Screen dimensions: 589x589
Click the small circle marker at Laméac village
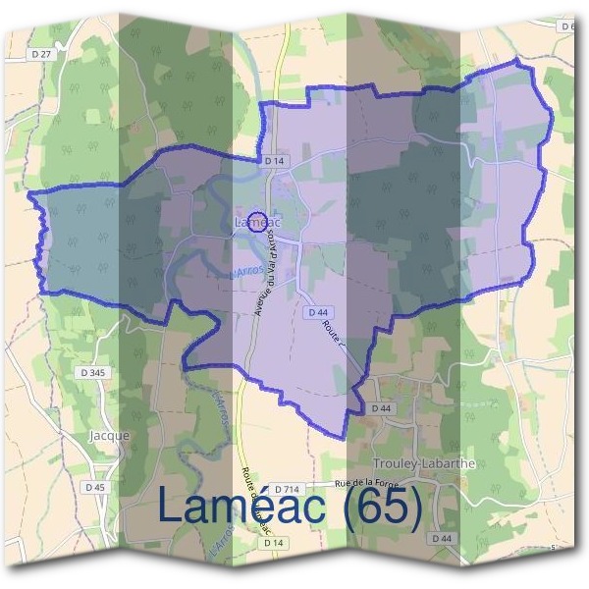pos(257,220)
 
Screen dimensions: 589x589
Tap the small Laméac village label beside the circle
pos(258,224)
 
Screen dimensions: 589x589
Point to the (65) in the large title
pos(379,507)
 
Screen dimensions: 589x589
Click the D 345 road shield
pos(95,373)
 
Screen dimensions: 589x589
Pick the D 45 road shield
pos(95,487)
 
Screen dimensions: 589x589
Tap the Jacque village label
pos(109,434)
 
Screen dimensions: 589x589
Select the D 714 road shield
pos(286,489)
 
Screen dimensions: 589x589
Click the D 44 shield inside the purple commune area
pos(316,311)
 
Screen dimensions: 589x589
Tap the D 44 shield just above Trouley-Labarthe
pos(380,407)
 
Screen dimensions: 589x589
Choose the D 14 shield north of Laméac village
pos(273,159)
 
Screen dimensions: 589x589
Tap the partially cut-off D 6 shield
pos(567,27)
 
